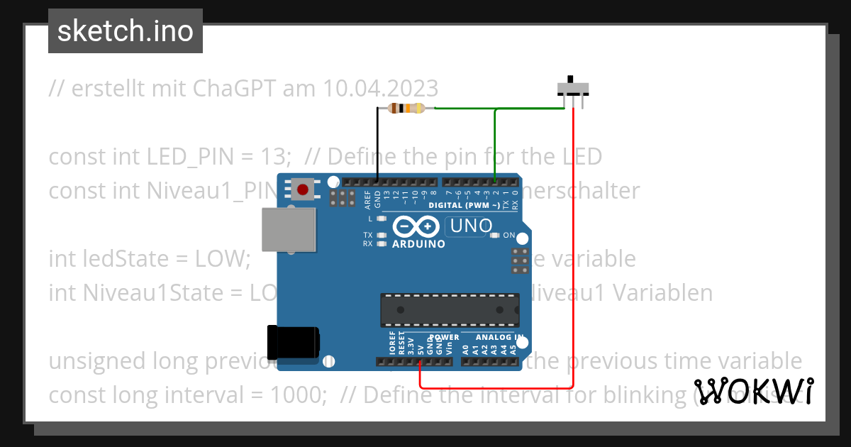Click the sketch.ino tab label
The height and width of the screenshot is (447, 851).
(x=126, y=31)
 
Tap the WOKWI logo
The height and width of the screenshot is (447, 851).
(x=754, y=391)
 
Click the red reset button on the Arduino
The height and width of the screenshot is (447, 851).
(x=303, y=189)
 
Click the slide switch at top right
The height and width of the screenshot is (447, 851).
(x=572, y=88)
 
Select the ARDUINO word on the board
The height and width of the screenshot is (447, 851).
(x=418, y=244)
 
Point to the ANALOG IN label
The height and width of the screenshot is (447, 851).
(x=500, y=338)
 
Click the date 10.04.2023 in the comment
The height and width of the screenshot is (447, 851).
(x=381, y=89)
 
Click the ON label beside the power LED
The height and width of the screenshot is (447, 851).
(x=509, y=235)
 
